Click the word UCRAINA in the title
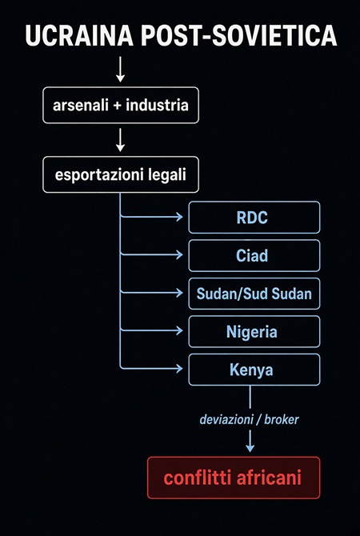click(79, 35)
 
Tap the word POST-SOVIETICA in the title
click(239, 35)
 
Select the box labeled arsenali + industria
click(121, 106)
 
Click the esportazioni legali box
click(121, 174)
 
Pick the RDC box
click(254, 218)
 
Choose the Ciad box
click(254, 256)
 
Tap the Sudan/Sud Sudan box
click(254, 294)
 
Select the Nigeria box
click(254, 331)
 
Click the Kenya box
click(254, 370)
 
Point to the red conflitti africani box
click(234, 478)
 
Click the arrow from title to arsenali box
click(120, 70)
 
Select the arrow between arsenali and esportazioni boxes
click(120, 139)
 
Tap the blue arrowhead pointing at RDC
click(180, 216)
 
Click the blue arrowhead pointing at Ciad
click(180, 254)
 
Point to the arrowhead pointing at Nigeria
click(180, 330)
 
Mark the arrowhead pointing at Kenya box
click(180, 368)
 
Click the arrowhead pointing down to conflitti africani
click(250, 447)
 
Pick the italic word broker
click(282, 419)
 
